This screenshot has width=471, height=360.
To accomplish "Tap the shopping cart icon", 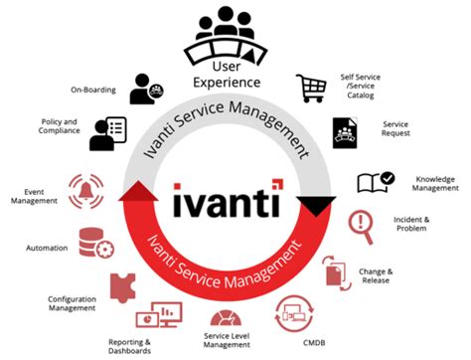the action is click(x=312, y=90).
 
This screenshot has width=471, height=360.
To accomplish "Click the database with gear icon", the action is click(x=95, y=243).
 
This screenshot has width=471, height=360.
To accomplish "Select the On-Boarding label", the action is click(x=92, y=90).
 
